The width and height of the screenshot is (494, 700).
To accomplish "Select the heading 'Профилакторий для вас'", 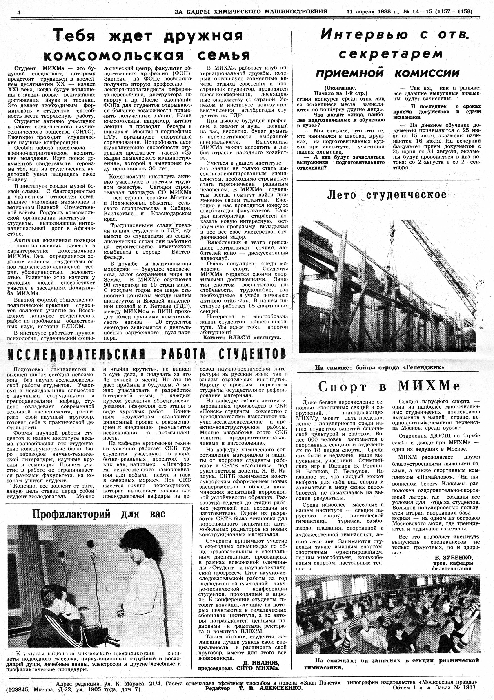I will pyautogui.click(x=99, y=514).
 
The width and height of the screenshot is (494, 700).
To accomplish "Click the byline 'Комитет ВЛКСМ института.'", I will pyautogui.click(x=242, y=338).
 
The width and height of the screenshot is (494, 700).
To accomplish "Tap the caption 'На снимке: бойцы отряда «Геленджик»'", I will pyautogui.click(x=380, y=368).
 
